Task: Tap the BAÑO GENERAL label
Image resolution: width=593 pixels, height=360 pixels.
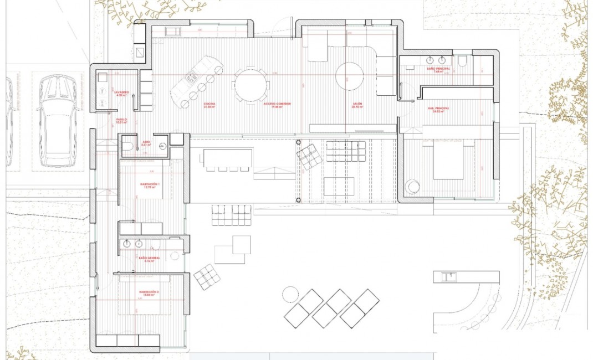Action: point(149,259)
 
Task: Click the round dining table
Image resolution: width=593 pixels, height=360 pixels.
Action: point(251,85)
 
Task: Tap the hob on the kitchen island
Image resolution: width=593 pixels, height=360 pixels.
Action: point(192,78)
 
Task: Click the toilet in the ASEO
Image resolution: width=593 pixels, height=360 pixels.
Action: point(127,146)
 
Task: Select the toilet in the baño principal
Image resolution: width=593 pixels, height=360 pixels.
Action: point(463,60)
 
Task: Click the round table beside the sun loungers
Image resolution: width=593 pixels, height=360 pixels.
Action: point(290,294)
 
